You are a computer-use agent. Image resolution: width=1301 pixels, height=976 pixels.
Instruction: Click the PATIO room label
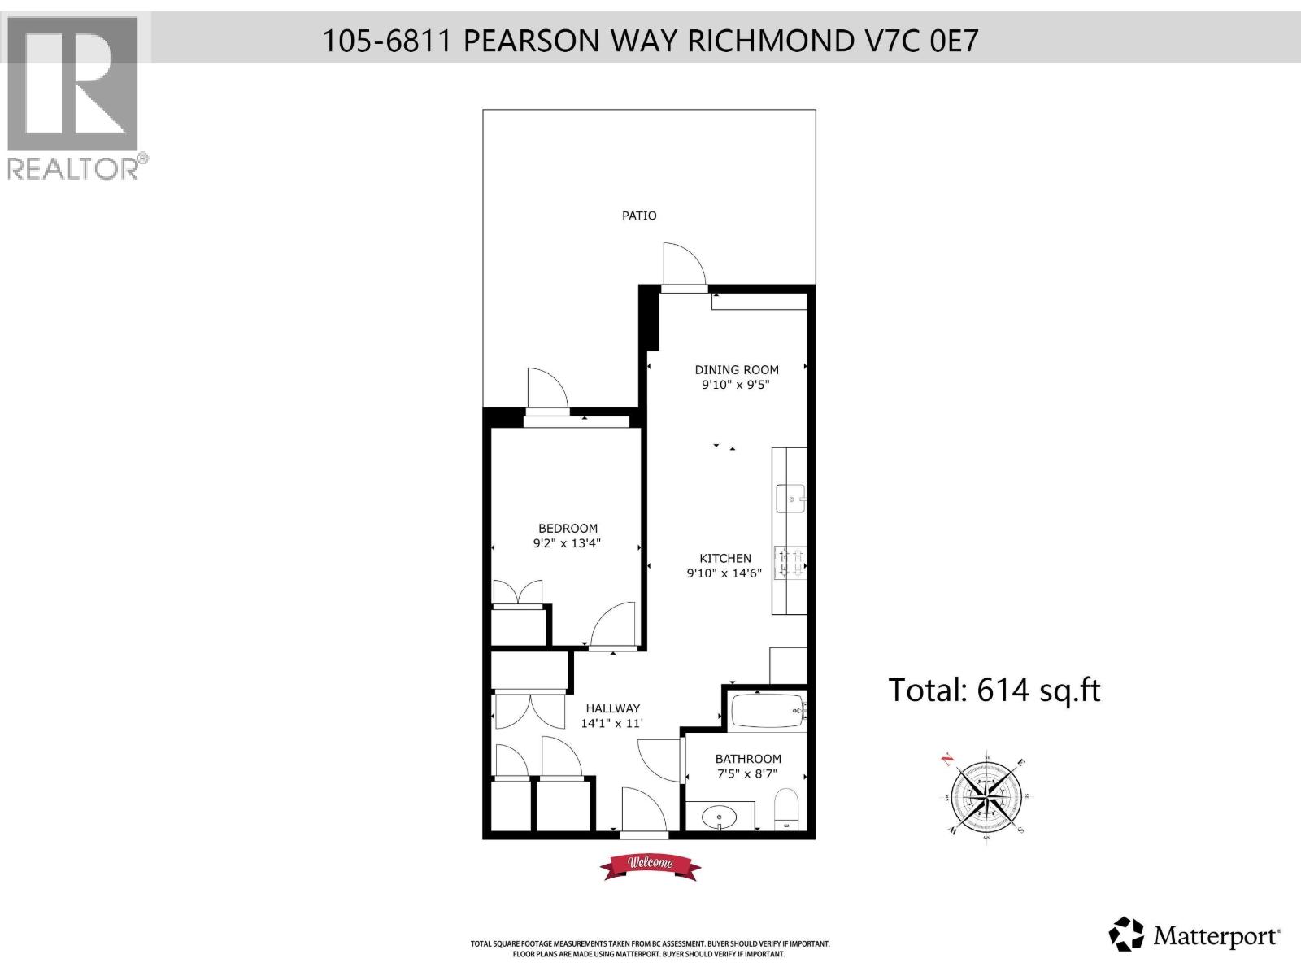coord(639,216)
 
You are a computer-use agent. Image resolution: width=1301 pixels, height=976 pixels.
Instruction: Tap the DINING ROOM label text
coord(737,369)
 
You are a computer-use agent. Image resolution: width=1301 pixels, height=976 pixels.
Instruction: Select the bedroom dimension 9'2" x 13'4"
coord(567,543)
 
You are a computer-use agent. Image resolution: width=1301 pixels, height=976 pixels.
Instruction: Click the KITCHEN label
coord(725,558)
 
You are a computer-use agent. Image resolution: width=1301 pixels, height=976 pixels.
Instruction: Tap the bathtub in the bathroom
coord(768,713)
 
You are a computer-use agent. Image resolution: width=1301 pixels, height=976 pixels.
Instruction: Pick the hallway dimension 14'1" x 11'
coord(611,723)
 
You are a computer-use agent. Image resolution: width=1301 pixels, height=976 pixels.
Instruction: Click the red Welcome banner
coord(650,865)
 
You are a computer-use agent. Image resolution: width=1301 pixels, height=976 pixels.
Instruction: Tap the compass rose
coord(985,793)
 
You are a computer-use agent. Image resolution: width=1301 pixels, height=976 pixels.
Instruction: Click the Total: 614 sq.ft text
coord(994,690)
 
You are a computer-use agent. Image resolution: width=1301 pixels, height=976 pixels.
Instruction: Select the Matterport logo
coord(1196,935)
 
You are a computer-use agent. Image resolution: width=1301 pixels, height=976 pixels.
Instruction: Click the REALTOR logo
coord(73,98)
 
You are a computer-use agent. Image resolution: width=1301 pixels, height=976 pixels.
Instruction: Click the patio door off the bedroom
coord(546,392)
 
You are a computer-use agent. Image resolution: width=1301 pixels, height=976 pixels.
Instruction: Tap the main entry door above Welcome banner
coord(643,812)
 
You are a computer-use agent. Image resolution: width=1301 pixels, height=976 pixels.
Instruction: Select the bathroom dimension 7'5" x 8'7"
coord(748,774)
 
